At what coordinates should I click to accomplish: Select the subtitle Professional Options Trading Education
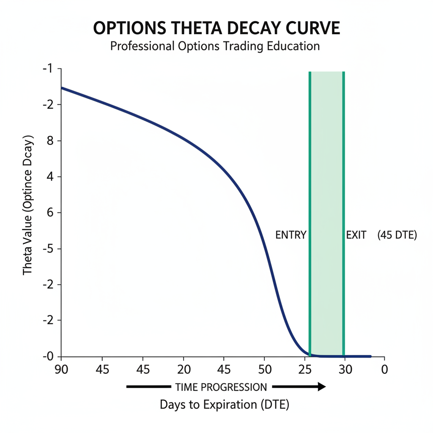[215, 46]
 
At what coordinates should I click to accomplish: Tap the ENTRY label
[290, 235]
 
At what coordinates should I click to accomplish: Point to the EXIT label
[356, 235]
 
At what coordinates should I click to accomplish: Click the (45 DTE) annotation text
[397, 235]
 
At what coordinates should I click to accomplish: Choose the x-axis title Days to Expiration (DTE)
[224, 405]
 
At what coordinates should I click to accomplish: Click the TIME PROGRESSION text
[221, 387]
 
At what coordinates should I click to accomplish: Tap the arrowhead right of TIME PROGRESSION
[321, 386]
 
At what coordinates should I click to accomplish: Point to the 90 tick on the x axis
[61, 370]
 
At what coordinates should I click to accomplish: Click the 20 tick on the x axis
[184, 370]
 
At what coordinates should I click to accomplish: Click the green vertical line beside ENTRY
[310, 169]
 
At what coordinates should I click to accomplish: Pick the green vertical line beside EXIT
[343, 169]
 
